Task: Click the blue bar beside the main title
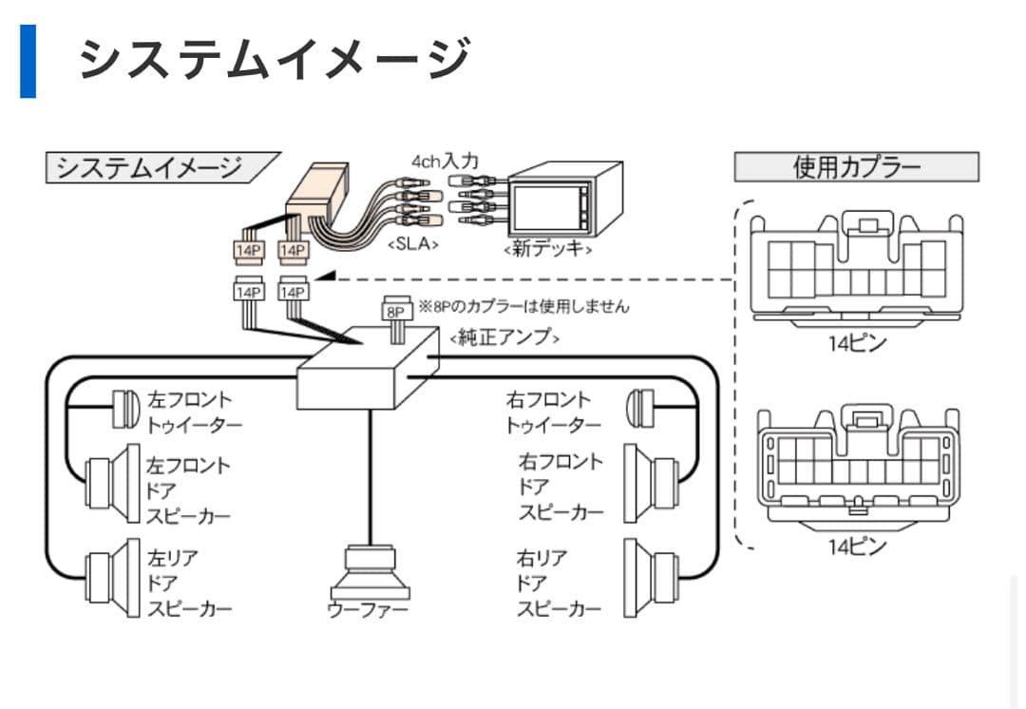tap(28, 62)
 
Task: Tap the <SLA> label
tap(412, 243)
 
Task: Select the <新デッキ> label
tap(549, 249)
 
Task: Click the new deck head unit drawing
tap(564, 202)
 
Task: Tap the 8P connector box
tap(394, 310)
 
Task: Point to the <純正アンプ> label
tap(503, 337)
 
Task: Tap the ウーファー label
tap(367, 609)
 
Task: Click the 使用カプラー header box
tap(856, 167)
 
